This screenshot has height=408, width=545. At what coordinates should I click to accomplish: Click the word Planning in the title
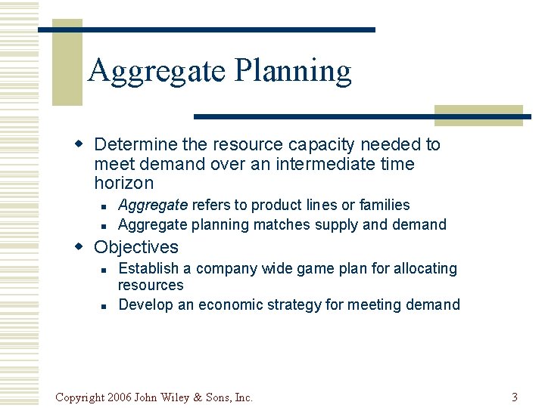(x=293, y=71)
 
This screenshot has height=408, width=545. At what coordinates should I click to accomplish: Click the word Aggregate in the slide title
(x=157, y=71)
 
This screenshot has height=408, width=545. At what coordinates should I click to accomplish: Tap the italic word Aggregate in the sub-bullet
(x=153, y=205)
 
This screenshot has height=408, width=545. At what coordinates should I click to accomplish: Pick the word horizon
(x=123, y=183)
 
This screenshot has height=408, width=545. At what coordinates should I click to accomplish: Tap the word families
(x=385, y=205)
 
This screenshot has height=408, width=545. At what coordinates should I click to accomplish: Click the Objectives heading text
(x=136, y=247)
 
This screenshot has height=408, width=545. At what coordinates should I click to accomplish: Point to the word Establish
(x=148, y=268)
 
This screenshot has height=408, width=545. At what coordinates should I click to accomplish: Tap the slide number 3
(x=514, y=397)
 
